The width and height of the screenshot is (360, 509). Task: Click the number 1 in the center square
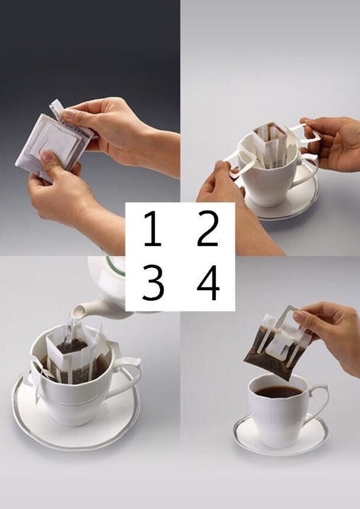click(152, 228)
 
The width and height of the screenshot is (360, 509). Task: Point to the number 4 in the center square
click(208, 282)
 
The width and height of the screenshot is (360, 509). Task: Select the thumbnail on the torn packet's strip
click(68, 114)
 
